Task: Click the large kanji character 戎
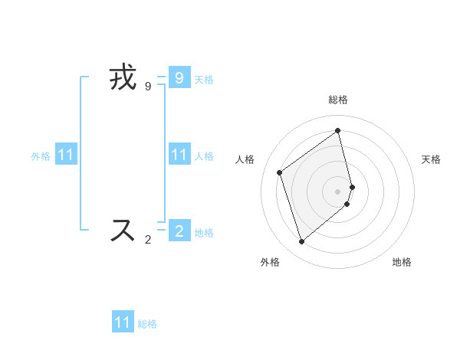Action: [123, 78]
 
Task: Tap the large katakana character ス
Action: [123, 231]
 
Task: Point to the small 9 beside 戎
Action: [148, 87]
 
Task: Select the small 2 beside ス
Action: [148, 240]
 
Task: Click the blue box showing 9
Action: [179, 77]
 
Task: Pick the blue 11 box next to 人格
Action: [179, 155]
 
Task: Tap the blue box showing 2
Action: [179, 231]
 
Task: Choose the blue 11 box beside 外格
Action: [66, 155]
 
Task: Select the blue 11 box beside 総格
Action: [123, 322]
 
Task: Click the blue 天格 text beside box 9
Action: [204, 79]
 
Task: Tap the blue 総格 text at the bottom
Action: [147, 324]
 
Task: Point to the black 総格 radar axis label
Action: [338, 100]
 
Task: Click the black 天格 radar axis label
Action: [431, 159]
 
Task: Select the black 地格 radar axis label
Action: [402, 262]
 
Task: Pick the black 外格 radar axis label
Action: [270, 262]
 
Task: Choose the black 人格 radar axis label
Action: [245, 159]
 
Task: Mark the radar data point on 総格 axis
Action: [338, 130]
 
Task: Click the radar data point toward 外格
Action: [302, 242]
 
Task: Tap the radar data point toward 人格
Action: [280, 172]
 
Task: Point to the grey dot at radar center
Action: [338, 190]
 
